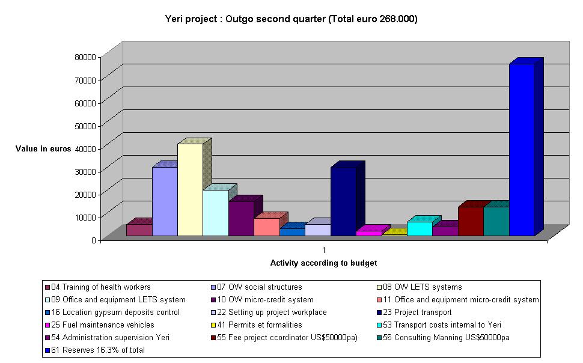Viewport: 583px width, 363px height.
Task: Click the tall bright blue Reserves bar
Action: point(521,150)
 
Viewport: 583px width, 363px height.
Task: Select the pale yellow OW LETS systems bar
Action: point(190,190)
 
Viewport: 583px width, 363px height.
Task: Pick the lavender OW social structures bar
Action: point(165,201)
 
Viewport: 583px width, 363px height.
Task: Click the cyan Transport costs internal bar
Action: point(420,229)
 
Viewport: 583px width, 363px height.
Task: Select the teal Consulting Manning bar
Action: point(496,221)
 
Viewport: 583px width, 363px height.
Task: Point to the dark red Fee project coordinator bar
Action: point(471,221)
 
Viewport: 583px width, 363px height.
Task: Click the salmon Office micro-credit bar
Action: point(266,227)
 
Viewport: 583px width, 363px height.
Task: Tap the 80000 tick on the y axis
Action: point(84,56)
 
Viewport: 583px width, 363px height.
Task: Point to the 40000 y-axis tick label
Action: point(84,148)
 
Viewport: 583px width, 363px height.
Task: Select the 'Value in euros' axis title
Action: point(43,148)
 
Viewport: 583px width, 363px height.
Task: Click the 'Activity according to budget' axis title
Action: point(323,263)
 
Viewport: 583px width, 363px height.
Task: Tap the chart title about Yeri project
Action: point(291,19)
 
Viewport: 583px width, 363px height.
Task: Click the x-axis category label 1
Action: point(323,249)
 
